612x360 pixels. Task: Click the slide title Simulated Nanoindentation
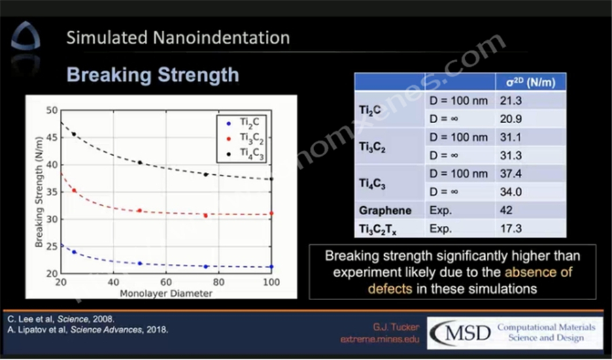tap(177, 37)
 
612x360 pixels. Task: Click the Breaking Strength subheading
tap(152, 73)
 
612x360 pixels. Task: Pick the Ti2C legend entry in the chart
tap(248, 124)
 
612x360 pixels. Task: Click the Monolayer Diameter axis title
tap(166, 294)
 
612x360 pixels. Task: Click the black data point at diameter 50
tap(139, 163)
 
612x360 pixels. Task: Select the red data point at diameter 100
tap(272, 213)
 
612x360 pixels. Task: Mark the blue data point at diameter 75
tap(205, 266)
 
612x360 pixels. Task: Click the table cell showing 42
tap(505, 210)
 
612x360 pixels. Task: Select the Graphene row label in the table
tap(385, 210)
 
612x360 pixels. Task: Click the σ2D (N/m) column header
tap(530, 82)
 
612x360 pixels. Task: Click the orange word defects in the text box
tap(390, 288)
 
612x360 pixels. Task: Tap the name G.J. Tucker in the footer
tap(396, 327)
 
